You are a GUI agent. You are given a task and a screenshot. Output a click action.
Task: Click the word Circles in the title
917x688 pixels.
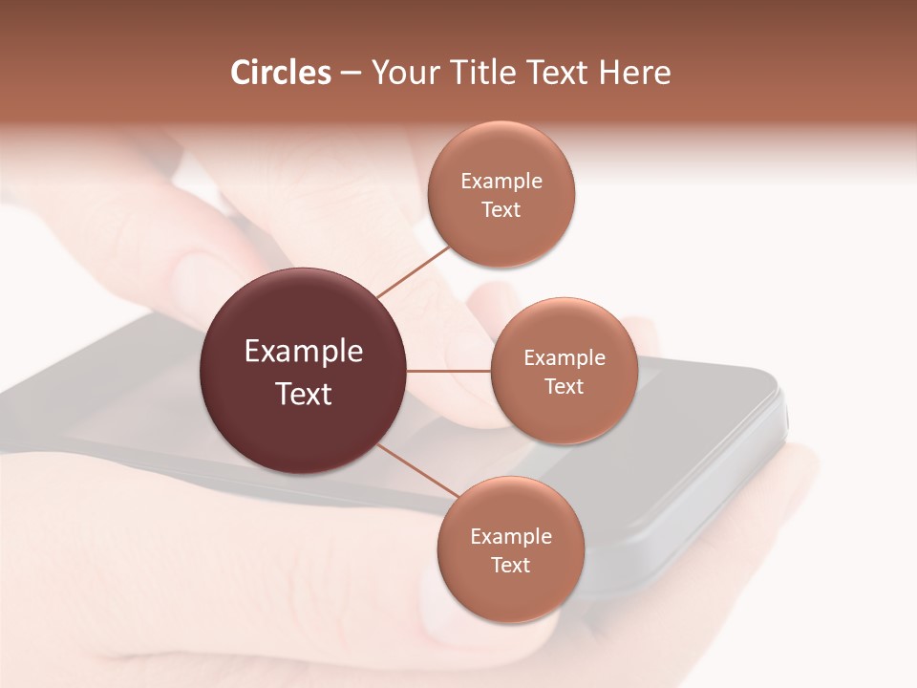[x=281, y=73]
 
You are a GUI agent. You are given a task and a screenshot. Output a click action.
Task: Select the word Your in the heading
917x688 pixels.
[x=405, y=73]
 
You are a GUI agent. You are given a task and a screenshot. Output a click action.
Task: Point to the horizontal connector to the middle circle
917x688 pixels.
[x=449, y=371]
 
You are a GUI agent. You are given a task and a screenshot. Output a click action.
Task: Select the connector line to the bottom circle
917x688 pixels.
[x=417, y=471]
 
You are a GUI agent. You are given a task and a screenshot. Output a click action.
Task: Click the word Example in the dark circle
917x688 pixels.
[x=304, y=352]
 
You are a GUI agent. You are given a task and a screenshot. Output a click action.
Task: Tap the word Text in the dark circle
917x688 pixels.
[x=304, y=394]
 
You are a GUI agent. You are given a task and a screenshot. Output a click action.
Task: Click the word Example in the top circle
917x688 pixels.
[x=501, y=182]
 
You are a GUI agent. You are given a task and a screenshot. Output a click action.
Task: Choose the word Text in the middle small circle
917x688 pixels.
[x=564, y=387]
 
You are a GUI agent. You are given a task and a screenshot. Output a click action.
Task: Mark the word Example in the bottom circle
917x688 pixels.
[x=511, y=537]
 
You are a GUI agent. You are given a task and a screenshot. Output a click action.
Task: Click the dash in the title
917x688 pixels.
[x=350, y=74]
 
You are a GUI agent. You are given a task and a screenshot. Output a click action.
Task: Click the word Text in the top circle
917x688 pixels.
[x=501, y=210]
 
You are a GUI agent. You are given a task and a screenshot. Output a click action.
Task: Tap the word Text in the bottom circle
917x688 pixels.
[x=510, y=566]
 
